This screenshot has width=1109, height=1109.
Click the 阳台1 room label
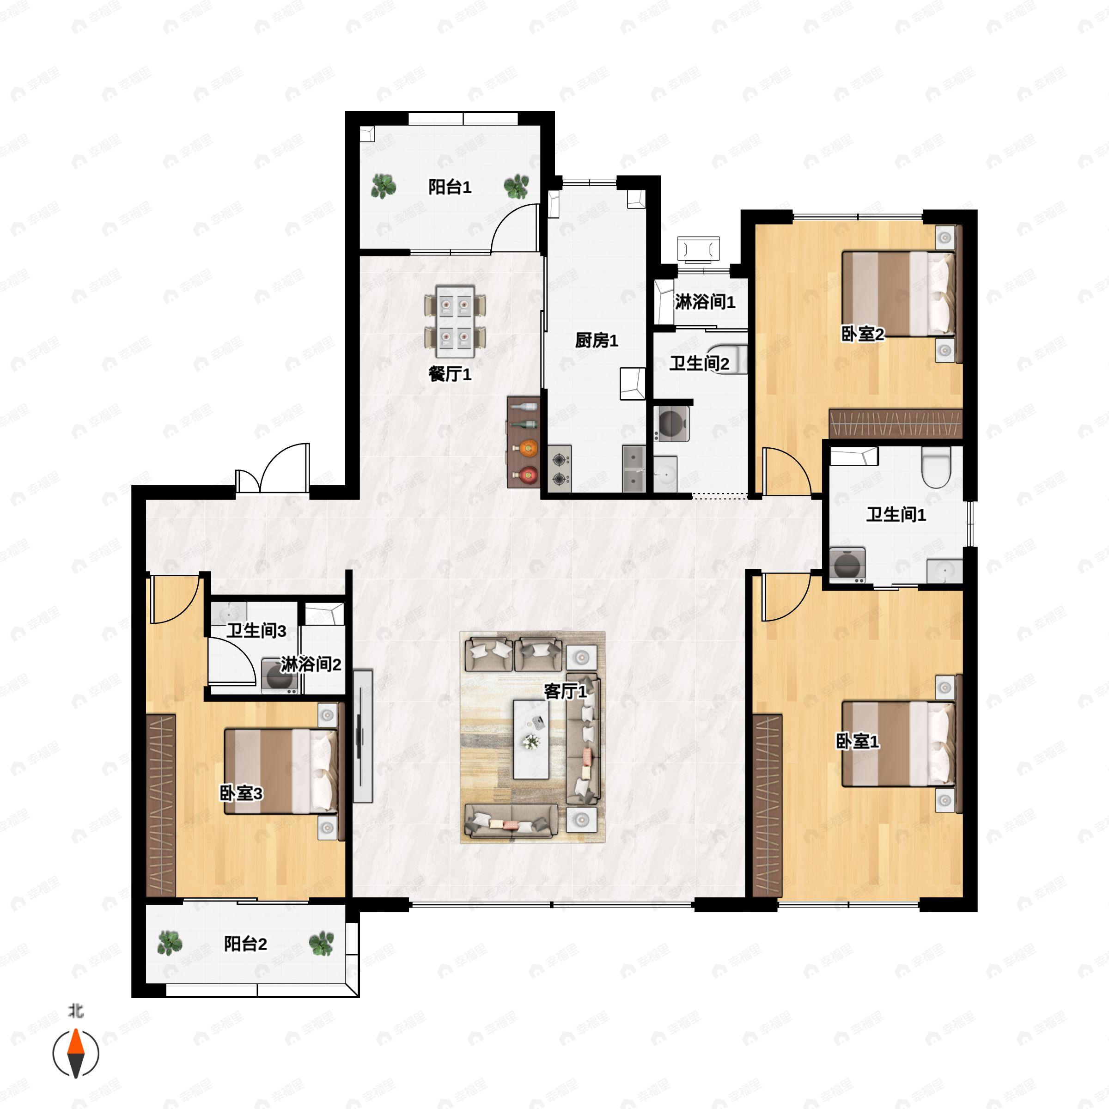(450, 187)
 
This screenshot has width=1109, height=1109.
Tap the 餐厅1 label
(450, 375)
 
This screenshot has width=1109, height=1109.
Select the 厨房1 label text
(597, 341)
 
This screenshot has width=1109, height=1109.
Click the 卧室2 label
(862, 334)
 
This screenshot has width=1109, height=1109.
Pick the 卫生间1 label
(896, 515)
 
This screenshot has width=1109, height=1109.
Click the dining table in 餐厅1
(455, 322)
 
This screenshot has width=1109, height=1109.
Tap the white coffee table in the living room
(530, 739)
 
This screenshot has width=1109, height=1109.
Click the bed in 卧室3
(280, 771)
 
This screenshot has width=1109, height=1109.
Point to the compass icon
(76, 1054)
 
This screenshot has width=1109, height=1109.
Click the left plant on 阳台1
(383, 186)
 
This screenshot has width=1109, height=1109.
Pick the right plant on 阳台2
(322, 943)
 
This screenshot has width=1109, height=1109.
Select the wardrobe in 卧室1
(767, 805)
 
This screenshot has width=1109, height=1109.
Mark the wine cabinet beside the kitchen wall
(524, 442)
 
